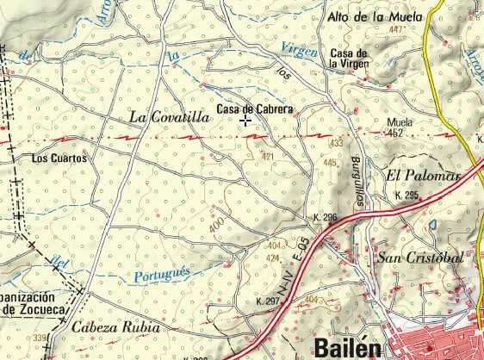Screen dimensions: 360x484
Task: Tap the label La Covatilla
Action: click(x=169, y=116)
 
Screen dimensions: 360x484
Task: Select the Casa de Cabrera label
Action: click(x=255, y=109)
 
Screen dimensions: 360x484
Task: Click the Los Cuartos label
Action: click(x=59, y=158)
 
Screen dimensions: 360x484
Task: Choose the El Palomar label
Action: click(x=425, y=176)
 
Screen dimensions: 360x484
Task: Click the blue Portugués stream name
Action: click(x=162, y=275)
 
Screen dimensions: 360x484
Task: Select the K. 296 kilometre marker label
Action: click(x=326, y=217)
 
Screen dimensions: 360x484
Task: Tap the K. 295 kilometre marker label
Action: click(x=406, y=196)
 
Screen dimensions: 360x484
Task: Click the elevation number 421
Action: click(x=267, y=157)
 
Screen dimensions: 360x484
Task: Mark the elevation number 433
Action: click(x=336, y=143)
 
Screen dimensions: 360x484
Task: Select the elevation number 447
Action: click(x=396, y=30)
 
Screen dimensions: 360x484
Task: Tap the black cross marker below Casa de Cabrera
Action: click(x=246, y=121)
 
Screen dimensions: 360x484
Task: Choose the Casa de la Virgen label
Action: click(x=349, y=59)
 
